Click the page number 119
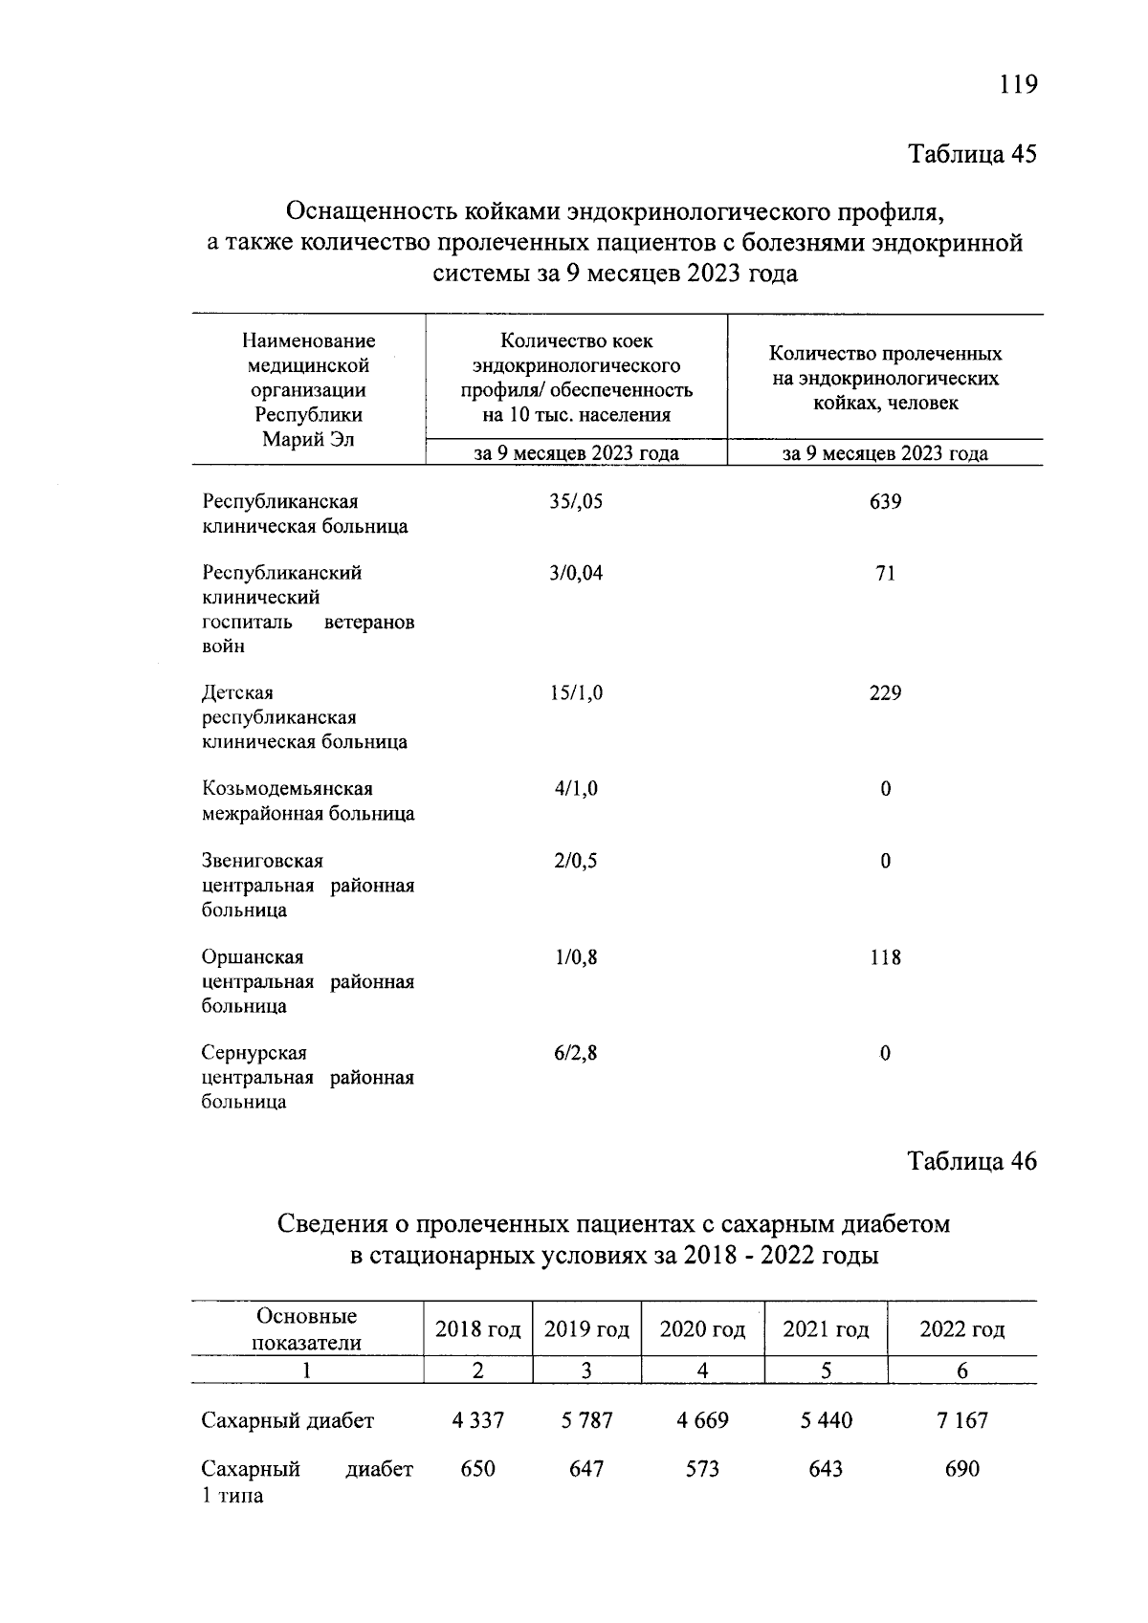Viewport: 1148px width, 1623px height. (1018, 85)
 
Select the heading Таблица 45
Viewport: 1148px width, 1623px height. (972, 155)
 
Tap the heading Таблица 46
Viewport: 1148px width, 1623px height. (972, 1161)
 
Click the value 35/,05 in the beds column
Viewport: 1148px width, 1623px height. (576, 501)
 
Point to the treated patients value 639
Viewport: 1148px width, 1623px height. (885, 501)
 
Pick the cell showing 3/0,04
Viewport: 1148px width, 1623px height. (576, 573)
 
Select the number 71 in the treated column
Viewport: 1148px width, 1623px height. (885, 573)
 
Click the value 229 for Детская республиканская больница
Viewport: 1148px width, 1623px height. (885, 692)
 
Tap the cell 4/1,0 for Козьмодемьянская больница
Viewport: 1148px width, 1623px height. (576, 789)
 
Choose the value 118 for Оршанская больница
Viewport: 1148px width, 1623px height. (885, 957)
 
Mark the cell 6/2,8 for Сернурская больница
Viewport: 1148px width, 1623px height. (576, 1053)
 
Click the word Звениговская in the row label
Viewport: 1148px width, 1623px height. (262, 861)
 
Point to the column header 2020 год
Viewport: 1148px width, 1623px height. (702, 1329)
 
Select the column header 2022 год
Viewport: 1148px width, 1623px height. (961, 1329)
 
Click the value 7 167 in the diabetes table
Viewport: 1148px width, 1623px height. (961, 1420)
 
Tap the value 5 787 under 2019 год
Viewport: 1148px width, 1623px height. (586, 1420)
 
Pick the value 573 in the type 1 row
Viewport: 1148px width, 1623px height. (702, 1469)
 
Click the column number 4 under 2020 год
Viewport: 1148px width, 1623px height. (702, 1371)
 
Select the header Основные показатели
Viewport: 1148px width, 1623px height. (306, 1328)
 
